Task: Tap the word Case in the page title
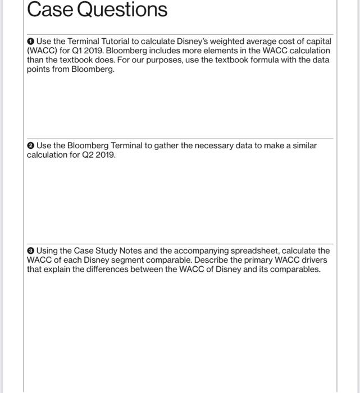pyautogui.click(x=44, y=10)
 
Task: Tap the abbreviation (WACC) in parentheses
pyautogui.click(x=42, y=51)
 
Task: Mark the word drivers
pyautogui.click(x=312, y=260)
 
